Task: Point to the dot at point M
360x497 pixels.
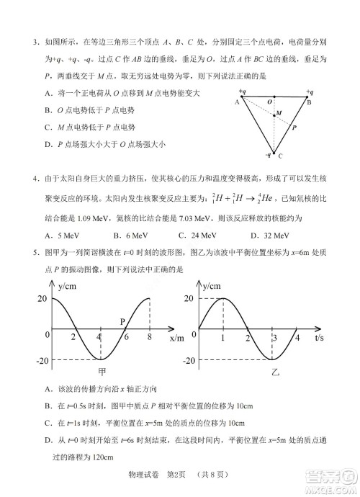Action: [274, 112]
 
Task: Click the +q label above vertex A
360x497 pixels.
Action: [243, 92]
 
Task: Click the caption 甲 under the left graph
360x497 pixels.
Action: [102, 372]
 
